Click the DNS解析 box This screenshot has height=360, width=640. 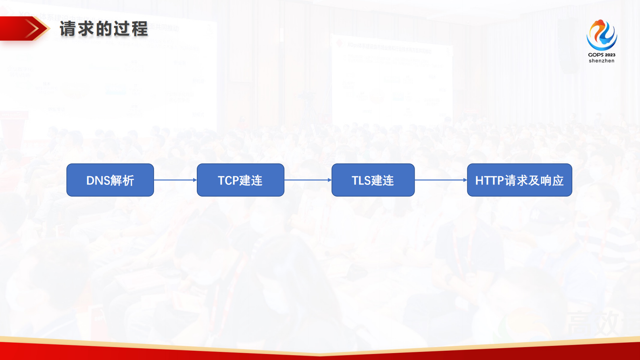110,180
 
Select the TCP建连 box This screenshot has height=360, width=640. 240,180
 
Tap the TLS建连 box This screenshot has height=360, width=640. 373,180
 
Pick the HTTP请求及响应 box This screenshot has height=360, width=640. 519,180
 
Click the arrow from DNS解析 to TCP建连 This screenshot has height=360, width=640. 175,180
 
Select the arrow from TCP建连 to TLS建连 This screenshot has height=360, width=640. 308,180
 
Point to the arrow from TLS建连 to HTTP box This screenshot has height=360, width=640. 441,180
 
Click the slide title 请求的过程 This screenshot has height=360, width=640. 104,29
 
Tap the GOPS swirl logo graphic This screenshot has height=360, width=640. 602,35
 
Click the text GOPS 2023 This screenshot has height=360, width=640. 602,55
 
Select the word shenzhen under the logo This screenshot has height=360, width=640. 602,61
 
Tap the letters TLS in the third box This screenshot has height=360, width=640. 361,180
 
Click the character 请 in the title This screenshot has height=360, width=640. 68,29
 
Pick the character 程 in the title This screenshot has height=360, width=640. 140,29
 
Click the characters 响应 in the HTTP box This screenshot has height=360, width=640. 552,180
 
